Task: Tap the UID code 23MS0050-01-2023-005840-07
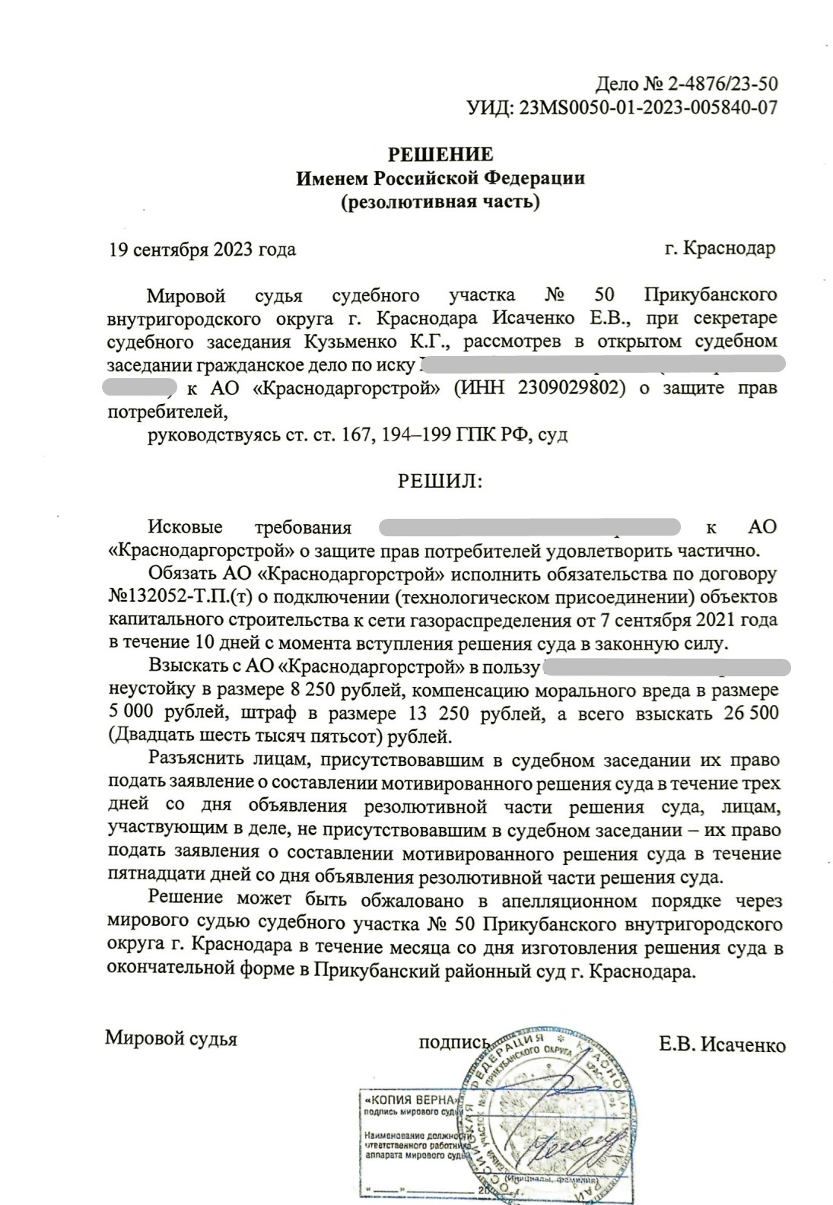[x=647, y=107]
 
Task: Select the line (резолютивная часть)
[x=440, y=202]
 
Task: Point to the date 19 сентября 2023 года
[x=202, y=250]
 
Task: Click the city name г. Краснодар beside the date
[x=720, y=249]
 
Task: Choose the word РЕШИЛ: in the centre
[x=440, y=481]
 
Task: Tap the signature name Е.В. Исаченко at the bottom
[x=722, y=1044]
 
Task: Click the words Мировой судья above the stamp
[x=171, y=1038]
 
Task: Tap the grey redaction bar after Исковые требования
[x=529, y=526]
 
